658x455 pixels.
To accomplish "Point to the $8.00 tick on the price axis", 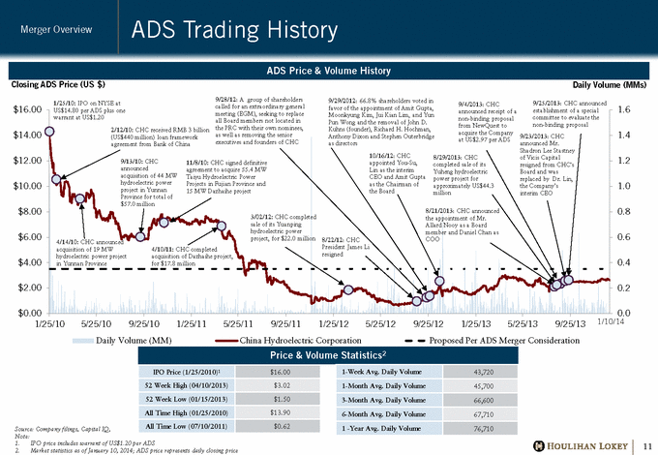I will [26, 210].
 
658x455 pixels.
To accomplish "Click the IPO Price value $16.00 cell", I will [280, 373].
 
